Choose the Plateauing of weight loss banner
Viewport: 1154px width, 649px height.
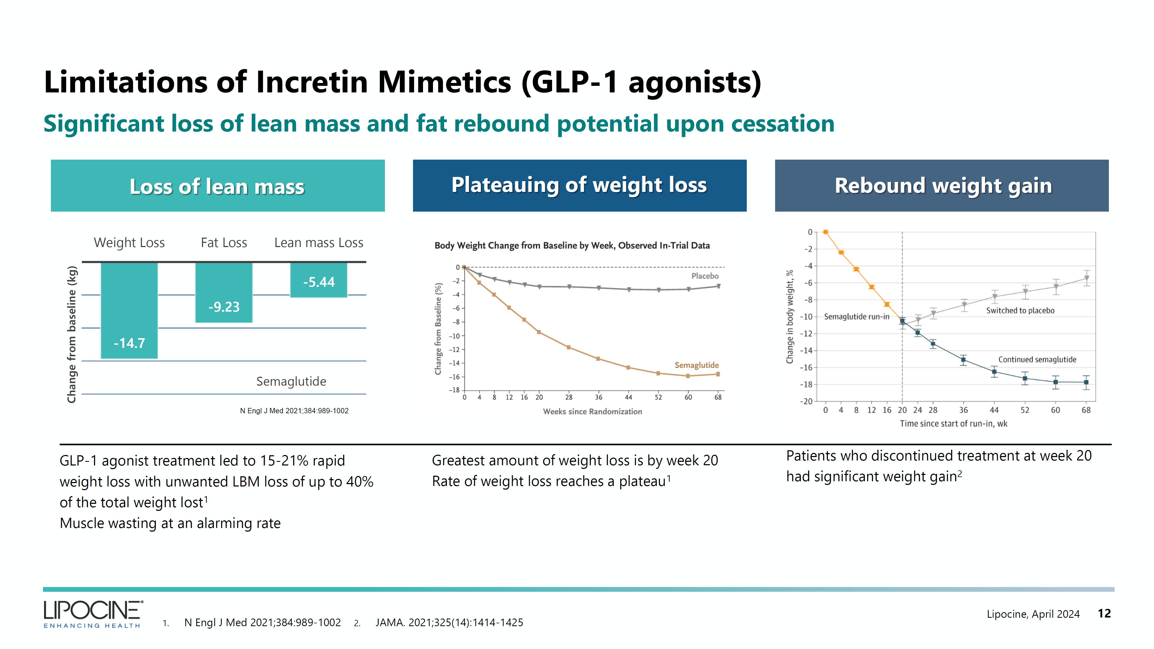(x=579, y=186)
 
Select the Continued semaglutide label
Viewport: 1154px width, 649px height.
(x=1037, y=359)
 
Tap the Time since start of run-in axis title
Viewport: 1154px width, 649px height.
(x=953, y=423)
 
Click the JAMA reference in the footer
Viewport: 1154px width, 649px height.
(x=449, y=622)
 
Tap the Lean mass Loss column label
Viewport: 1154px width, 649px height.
(x=319, y=243)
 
